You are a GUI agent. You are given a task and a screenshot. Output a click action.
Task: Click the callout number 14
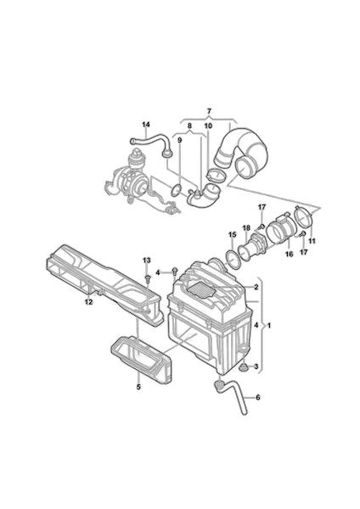146,125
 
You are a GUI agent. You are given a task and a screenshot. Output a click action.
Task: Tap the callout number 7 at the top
209,111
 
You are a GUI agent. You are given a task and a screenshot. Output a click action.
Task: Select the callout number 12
88,302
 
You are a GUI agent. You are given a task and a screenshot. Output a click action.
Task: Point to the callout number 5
138,387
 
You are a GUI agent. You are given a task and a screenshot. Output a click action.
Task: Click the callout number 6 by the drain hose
258,397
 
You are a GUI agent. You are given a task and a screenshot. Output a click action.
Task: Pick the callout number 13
147,260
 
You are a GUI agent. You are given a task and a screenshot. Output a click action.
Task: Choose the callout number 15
232,234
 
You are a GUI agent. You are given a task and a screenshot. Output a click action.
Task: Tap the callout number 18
246,227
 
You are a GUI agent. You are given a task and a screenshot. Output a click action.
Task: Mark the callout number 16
290,254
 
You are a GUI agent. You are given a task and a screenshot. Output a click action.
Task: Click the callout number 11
312,241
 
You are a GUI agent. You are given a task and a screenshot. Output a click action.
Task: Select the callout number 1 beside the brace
268,325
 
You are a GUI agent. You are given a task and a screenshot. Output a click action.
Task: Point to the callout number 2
256,287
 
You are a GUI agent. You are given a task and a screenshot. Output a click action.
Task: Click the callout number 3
256,366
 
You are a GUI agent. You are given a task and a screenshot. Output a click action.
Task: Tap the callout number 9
180,140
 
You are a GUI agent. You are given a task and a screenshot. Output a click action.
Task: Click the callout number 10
208,126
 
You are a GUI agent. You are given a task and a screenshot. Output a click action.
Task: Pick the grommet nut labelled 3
243,368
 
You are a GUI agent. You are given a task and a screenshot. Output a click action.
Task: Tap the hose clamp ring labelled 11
303,215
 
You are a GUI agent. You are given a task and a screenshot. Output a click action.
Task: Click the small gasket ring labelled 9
176,190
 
